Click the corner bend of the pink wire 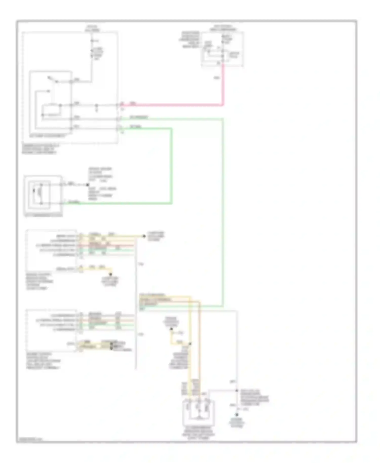tap(223, 105)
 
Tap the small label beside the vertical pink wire tap(217, 78)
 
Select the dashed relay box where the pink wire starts tap(222, 49)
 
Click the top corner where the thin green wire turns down tap(223, 118)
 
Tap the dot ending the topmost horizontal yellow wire tap(144, 236)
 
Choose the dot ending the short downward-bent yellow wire tap(110, 274)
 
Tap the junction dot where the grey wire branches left tap(237, 391)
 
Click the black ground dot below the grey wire tap(237, 415)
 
